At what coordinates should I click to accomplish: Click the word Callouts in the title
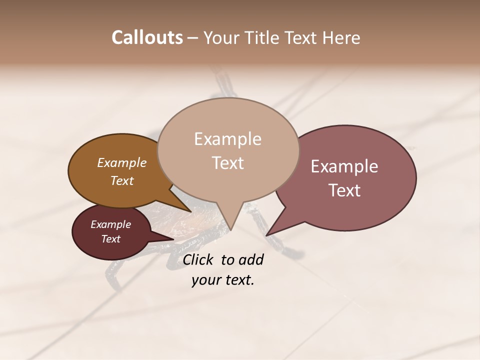[x=147, y=38]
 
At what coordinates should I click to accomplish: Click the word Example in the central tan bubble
[x=227, y=139]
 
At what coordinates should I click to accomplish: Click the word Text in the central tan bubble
[x=227, y=163]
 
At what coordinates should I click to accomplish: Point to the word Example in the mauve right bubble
[x=344, y=166]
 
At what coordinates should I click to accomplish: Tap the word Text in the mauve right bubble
[x=344, y=190]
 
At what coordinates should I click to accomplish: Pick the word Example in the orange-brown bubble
[x=121, y=162]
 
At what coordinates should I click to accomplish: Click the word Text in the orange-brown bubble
[x=121, y=180]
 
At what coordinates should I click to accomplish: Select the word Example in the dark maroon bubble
[x=110, y=224]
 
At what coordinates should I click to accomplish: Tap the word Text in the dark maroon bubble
[x=110, y=239]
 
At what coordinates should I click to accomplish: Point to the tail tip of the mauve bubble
[x=266, y=235]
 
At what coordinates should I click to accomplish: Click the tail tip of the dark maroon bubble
[x=173, y=239]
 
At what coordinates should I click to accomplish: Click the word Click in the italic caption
[x=198, y=259]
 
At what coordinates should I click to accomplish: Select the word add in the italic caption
[x=252, y=259]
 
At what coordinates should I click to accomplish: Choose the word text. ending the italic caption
[x=238, y=280]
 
